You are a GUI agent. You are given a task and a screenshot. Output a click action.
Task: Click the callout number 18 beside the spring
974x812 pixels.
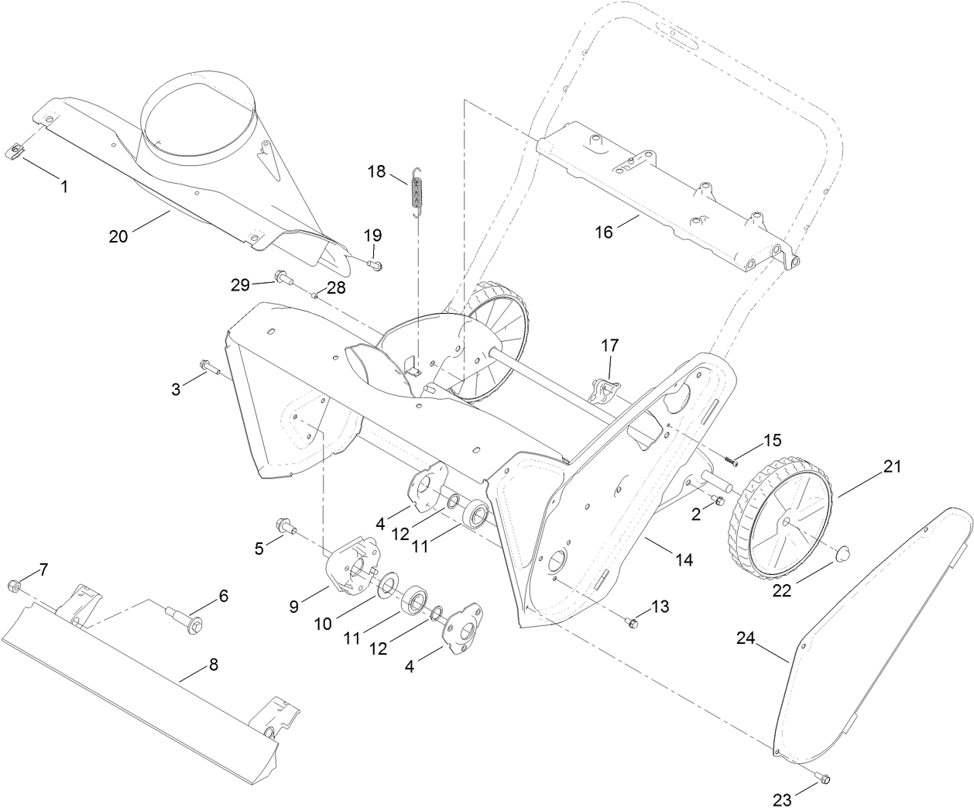coord(376,171)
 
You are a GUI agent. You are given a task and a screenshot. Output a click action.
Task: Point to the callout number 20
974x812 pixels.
coord(118,236)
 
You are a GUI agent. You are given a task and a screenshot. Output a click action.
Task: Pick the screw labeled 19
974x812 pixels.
coord(376,265)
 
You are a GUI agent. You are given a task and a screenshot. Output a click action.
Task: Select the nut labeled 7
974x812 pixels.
coord(15,585)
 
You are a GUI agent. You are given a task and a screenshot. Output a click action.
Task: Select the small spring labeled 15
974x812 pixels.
coord(730,459)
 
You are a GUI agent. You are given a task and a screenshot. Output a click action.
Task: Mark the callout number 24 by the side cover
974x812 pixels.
coord(746,638)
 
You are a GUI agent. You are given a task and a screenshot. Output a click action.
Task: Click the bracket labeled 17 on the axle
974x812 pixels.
coord(602,387)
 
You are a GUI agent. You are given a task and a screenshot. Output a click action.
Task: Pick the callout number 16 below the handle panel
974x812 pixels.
coord(603,231)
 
